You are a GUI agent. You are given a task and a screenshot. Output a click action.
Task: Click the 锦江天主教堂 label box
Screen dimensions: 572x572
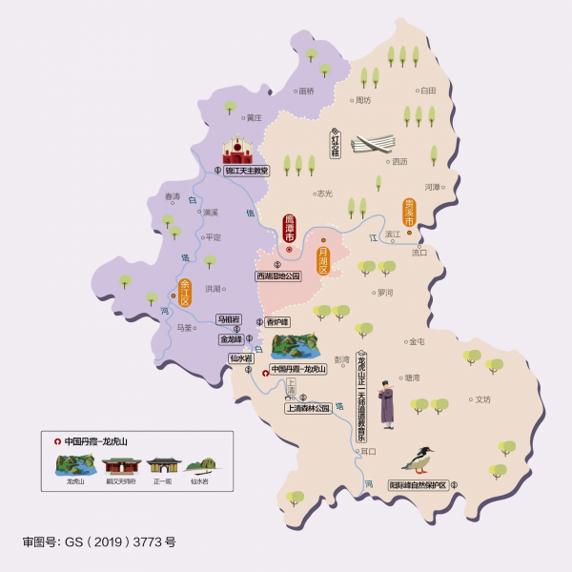247,171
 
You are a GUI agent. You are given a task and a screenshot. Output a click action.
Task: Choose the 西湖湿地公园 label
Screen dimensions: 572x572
277,276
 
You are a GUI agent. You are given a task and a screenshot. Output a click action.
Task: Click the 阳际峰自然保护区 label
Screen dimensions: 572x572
418,484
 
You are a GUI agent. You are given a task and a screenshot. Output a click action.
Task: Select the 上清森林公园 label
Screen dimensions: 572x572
307,408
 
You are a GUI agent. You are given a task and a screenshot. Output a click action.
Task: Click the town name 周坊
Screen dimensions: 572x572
362,100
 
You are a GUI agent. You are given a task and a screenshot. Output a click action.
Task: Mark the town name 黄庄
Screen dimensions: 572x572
254,118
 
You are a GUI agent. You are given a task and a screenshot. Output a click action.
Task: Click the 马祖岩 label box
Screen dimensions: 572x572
229,318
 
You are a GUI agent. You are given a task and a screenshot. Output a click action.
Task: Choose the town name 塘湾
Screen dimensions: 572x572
412,378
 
